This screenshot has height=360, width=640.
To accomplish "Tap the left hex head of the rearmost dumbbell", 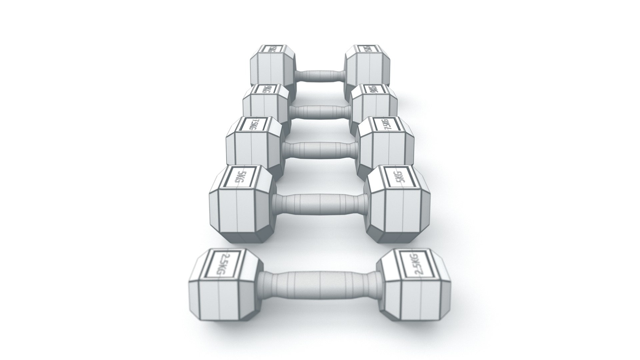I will coord(272,68).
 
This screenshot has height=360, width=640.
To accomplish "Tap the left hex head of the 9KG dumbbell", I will coord(265,105).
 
